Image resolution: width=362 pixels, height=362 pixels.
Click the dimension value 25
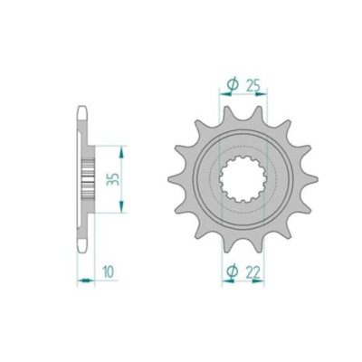253,86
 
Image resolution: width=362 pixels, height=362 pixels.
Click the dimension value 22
253,272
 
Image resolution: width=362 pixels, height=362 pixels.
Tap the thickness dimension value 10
109,271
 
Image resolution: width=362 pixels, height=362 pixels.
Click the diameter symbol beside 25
233,85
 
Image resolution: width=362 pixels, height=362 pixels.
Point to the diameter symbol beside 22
233,271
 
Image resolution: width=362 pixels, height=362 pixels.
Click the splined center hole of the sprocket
243,179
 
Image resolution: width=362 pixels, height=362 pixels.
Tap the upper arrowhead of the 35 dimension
121,152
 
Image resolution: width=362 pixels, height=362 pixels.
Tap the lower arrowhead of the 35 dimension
121,206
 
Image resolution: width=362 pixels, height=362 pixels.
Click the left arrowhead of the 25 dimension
225,94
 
